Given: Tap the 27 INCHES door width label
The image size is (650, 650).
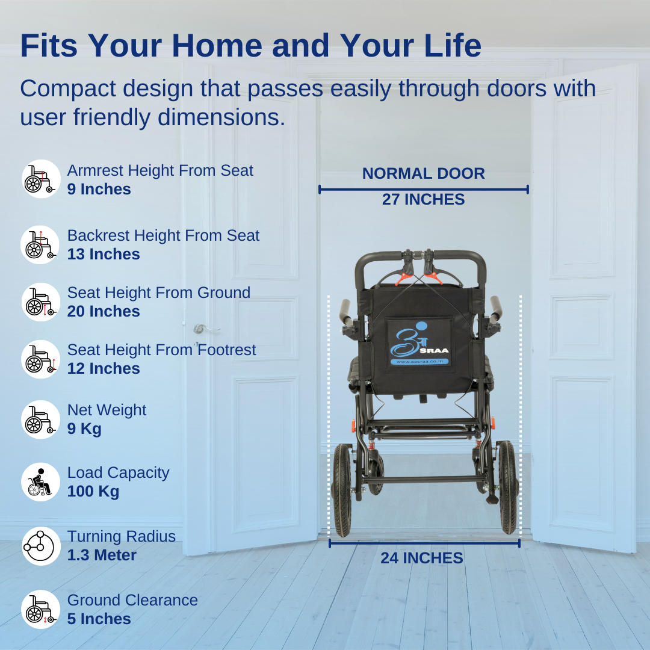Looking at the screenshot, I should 423,199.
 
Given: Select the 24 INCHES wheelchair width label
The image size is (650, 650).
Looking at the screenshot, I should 421,558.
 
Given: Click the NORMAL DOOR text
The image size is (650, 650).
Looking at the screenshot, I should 423,173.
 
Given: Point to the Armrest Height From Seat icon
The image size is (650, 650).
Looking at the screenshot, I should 41,179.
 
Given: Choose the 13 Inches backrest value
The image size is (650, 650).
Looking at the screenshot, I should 104,254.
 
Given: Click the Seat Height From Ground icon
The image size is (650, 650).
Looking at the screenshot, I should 41,302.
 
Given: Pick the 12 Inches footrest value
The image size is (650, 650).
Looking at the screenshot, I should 104,368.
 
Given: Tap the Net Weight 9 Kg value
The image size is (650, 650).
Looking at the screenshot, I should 84,429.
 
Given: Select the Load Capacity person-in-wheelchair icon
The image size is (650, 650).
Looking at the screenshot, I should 41,482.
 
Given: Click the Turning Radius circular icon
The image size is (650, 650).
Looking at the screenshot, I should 41,546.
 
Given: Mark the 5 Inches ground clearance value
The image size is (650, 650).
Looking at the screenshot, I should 99,619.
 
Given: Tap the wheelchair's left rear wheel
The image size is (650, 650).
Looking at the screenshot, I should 342,489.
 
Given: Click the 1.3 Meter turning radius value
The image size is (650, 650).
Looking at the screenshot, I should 102,555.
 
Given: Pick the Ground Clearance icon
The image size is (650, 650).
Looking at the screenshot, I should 41,610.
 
